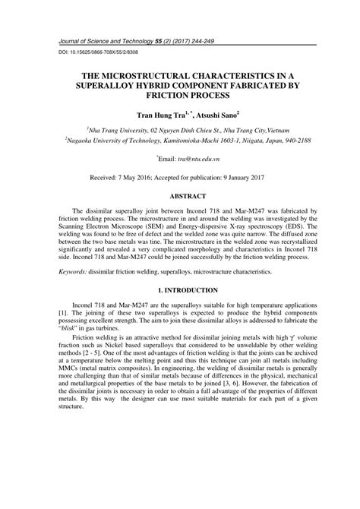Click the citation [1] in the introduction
pyautogui.click(x=63, y=312)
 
